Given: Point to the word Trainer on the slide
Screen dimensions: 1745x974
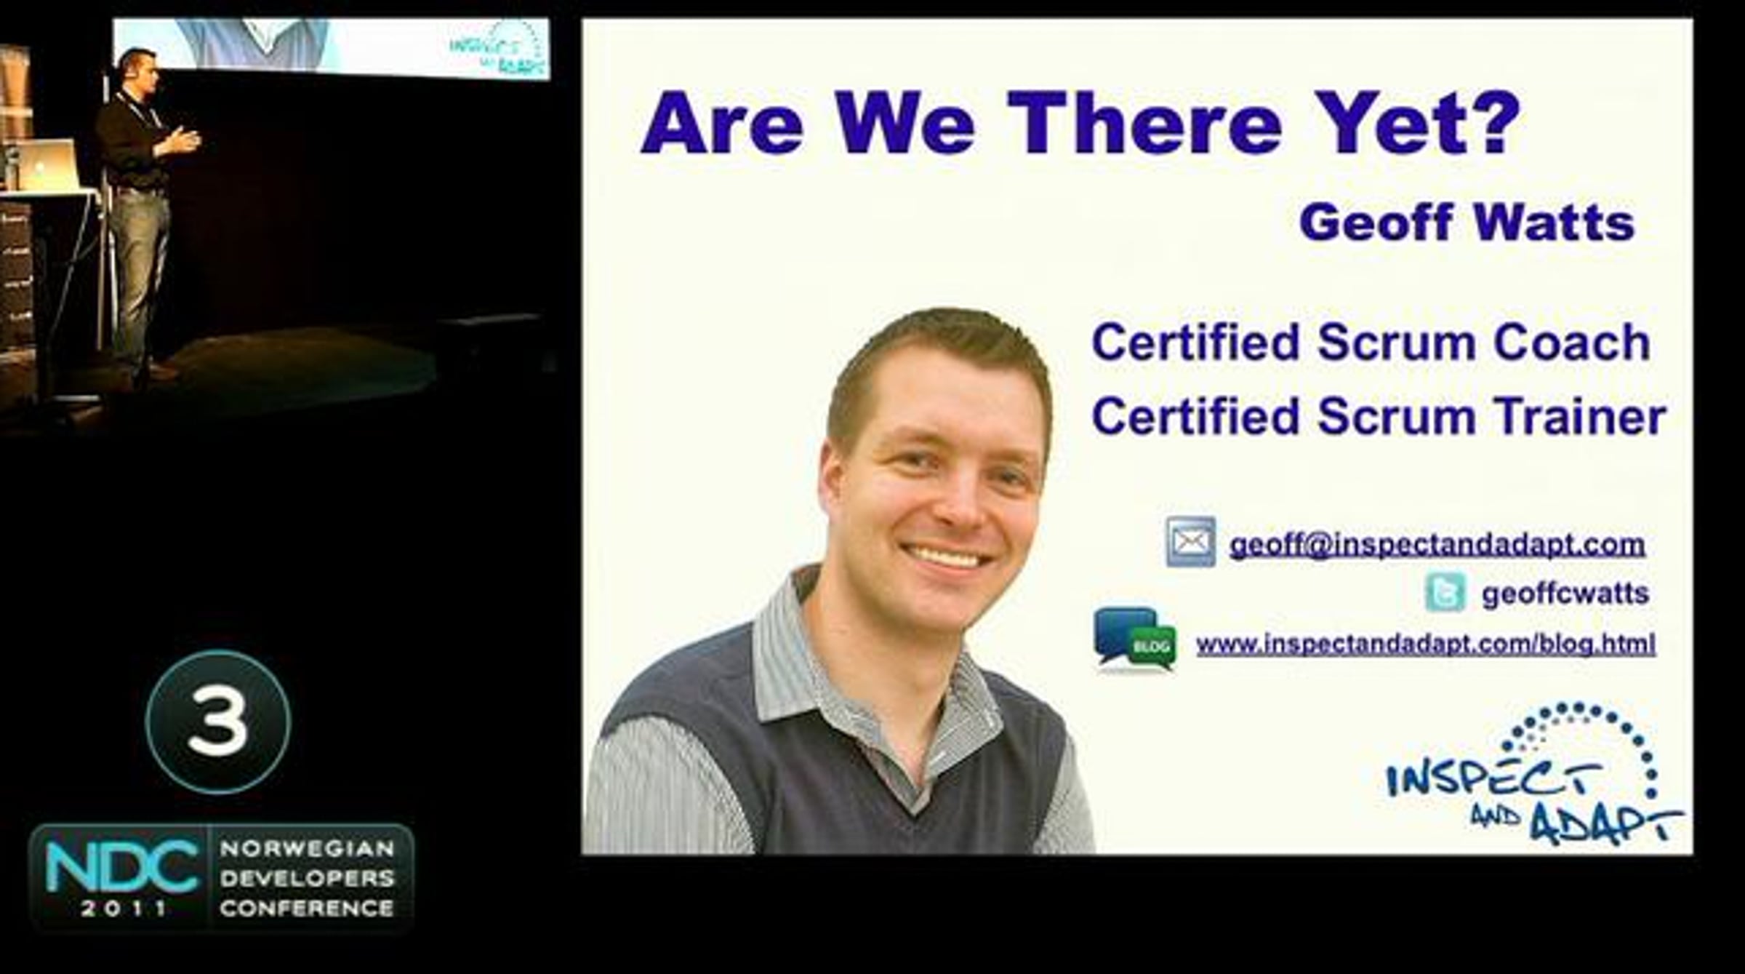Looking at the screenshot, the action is point(1579,416).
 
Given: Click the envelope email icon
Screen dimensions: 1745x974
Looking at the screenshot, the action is point(1190,541).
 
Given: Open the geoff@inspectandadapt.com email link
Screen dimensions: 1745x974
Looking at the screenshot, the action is point(1437,544).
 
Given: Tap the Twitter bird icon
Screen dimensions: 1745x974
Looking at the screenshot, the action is point(1445,592).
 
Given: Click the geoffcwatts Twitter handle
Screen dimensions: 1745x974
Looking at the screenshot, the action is point(1565,594).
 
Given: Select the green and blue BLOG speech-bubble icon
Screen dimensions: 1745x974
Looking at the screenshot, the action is point(1135,639).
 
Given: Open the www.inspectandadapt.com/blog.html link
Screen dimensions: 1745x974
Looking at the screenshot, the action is point(1426,644).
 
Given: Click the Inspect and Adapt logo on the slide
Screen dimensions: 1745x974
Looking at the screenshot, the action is point(1533,774).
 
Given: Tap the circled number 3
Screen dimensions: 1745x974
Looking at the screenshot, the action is point(218,722).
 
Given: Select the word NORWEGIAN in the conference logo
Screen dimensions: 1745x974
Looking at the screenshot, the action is point(307,848).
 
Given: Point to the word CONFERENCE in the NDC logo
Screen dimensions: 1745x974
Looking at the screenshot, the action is point(307,909).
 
